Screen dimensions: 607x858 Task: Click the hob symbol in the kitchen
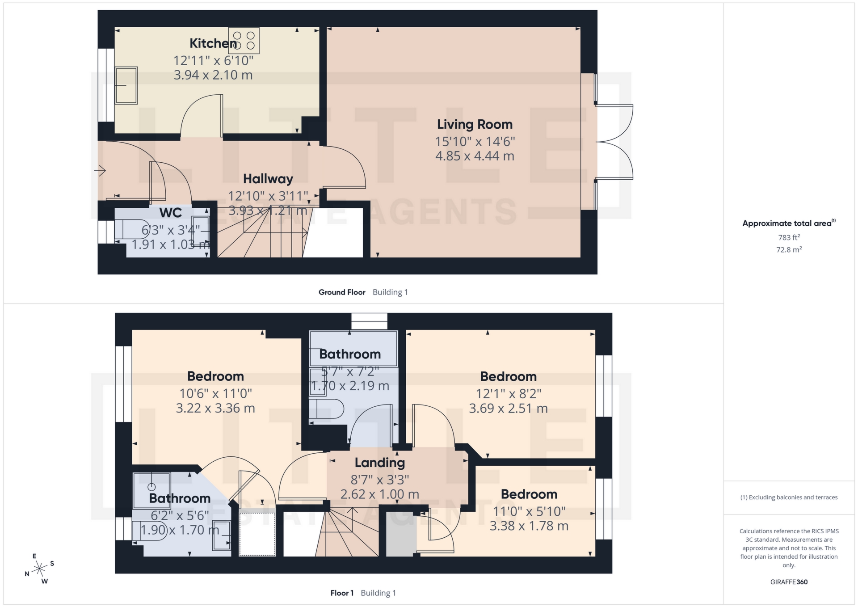coord(244,40)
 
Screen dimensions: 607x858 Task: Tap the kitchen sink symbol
coord(126,85)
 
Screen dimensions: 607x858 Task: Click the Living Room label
coord(475,124)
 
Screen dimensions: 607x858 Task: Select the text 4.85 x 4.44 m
coord(475,156)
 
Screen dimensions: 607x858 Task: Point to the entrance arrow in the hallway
coord(100,171)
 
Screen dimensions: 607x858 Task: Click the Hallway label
coord(268,179)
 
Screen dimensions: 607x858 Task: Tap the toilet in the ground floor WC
coord(132,229)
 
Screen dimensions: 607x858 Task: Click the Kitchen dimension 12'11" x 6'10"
coord(213,60)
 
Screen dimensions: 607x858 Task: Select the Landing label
coord(379,463)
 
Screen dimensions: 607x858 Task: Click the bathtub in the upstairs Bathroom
coord(353,348)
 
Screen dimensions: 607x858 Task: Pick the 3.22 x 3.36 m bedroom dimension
coord(215,408)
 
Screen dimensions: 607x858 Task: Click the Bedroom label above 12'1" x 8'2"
coord(508,376)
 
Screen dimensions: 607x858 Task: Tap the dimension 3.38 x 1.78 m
coord(529,526)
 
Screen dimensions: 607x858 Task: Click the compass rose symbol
coord(40,569)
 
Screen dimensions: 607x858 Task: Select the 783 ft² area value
coord(789,237)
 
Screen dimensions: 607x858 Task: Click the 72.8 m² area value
coord(789,249)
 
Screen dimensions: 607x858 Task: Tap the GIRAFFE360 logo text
coord(789,582)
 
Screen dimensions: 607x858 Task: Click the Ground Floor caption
coord(342,292)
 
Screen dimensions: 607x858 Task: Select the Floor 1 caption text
coord(342,593)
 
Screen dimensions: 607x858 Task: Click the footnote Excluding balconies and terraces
coord(789,497)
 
